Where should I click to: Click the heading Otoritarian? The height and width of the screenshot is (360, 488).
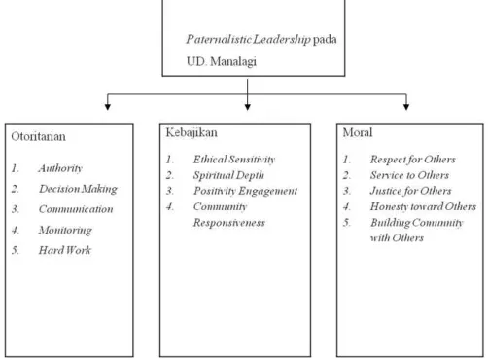38,136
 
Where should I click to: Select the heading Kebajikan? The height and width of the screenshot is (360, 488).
192,132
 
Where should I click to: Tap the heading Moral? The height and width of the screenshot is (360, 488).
358,132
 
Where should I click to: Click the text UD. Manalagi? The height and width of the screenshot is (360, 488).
222,61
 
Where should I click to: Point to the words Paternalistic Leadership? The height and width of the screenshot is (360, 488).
248,39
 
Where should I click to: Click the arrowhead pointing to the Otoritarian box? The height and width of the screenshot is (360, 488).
108,107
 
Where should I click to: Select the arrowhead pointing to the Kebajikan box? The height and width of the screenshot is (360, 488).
248,107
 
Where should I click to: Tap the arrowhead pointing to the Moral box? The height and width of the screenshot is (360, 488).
406,107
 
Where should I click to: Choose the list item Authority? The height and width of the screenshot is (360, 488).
60,168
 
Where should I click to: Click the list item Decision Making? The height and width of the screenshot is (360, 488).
78,189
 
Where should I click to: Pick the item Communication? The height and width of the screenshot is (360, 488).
76,209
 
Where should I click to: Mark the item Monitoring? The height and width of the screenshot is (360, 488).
65,230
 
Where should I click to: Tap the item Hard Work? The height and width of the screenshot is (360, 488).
65,250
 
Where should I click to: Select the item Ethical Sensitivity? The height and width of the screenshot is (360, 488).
234,160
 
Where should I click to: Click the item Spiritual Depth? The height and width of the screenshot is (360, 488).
228,175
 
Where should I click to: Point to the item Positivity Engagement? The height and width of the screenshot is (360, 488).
245,191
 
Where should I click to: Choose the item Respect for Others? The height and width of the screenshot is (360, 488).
413,160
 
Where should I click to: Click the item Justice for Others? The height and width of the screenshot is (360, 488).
410,191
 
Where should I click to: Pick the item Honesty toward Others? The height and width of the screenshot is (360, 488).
423,206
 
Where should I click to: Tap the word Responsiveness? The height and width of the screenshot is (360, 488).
229,223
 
